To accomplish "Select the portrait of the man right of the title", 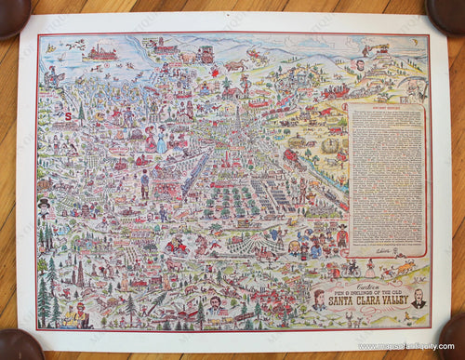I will tap(418, 299).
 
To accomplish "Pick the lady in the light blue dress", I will tap(161, 140).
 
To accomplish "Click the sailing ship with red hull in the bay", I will tap(100, 53).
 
